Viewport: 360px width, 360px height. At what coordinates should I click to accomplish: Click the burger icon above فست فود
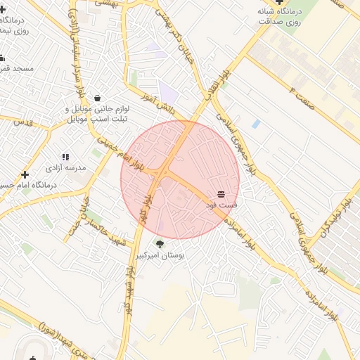pyautogui.click(x=221, y=193)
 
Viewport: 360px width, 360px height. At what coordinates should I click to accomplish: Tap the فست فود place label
pyautogui.click(x=221, y=205)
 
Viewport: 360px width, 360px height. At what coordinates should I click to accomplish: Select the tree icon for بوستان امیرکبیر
pyautogui.click(x=161, y=245)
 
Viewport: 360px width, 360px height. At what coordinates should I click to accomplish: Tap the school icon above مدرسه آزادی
pyautogui.click(x=65, y=157)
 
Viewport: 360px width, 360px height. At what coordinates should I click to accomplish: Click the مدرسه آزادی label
pyautogui.click(x=65, y=169)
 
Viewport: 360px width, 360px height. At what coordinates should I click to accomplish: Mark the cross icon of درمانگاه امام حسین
pyautogui.click(x=25, y=174)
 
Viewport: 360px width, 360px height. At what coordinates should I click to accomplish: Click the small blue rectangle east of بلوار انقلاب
pyautogui.click(x=256, y=124)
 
